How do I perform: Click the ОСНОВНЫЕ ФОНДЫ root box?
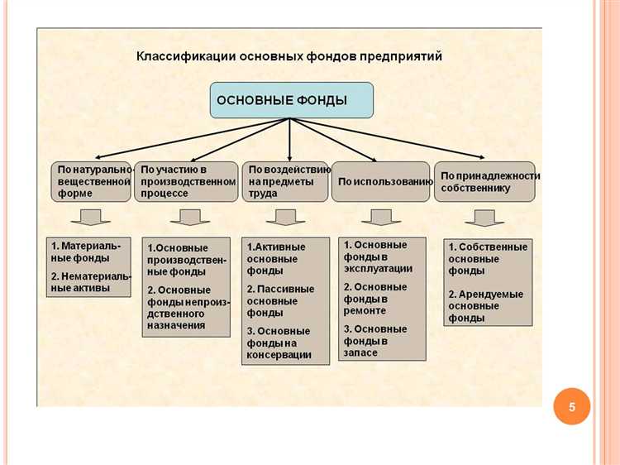point(292,99)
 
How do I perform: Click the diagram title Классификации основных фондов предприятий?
point(289,57)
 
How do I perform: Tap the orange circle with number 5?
point(572,406)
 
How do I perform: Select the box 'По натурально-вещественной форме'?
point(91,182)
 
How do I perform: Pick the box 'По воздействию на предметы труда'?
point(286,182)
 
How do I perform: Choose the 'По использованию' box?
point(381,181)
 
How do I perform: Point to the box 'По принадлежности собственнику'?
point(486,182)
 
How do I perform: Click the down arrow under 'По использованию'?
point(381,217)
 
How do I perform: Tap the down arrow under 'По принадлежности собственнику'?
point(484,217)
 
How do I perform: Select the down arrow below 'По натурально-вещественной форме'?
point(90,217)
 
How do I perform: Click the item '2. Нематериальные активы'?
point(89,282)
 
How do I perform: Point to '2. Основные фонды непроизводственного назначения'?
point(188,308)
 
